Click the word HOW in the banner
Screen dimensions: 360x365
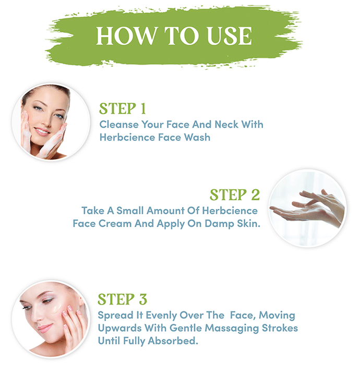coord(126,35)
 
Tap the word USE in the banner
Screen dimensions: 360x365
coord(230,35)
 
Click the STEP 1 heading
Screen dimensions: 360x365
coord(123,108)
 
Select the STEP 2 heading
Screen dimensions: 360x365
coord(235,194)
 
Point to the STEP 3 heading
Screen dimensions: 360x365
coord(123,299)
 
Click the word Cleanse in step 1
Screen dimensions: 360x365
coord(119,124)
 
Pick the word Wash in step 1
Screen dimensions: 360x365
coord(197,137)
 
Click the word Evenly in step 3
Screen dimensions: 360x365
coord(161,315)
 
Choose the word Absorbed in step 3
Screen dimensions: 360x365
coord(173,340)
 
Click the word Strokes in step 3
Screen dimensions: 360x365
coord(280,328)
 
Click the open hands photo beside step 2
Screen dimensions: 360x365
coord(307,208)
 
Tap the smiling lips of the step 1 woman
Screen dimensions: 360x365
coord(42,131)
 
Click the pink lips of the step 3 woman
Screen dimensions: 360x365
coord(45,328)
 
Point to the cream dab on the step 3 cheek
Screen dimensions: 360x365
coord(56,309)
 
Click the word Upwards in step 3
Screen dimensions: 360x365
coord(119,328)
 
